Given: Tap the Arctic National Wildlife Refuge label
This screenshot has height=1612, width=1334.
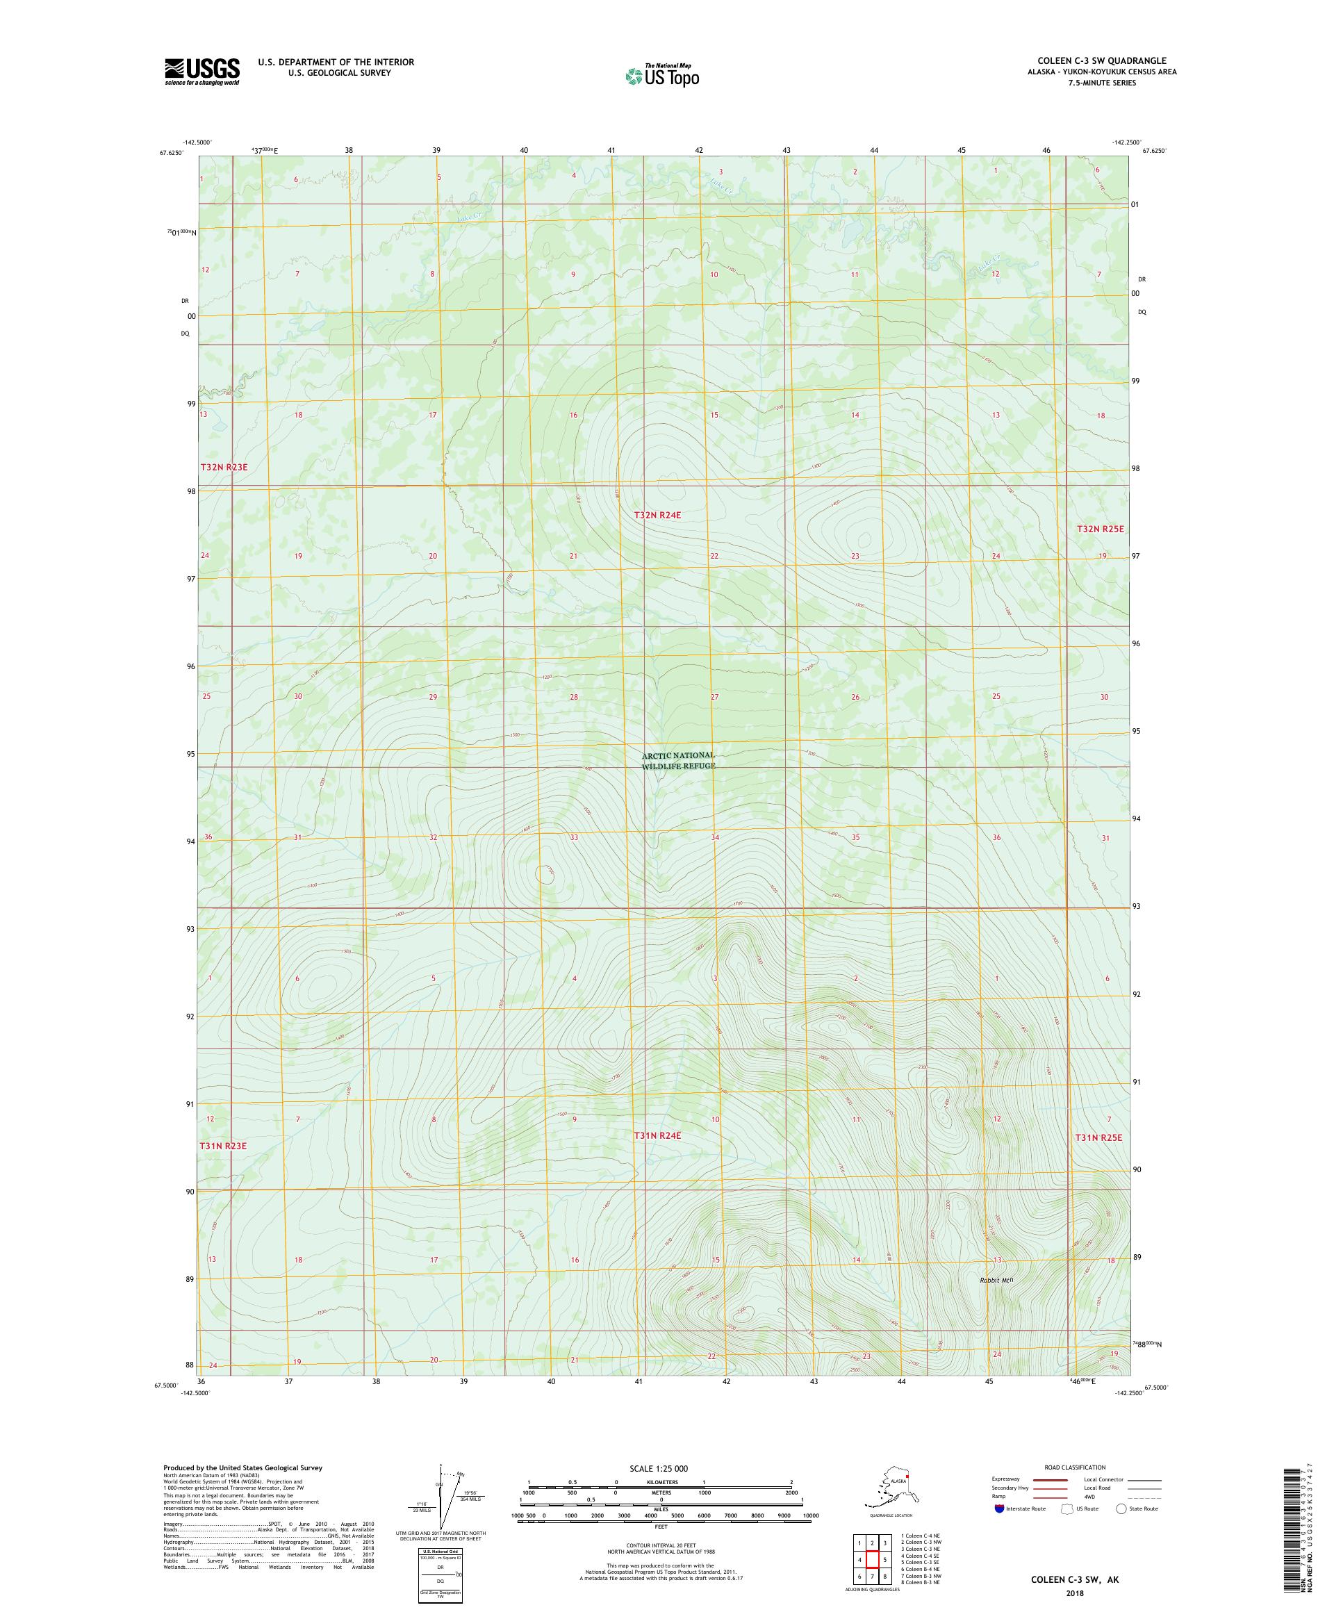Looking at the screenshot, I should point(679,760).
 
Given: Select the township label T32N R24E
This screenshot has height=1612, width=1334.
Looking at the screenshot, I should point(657,515).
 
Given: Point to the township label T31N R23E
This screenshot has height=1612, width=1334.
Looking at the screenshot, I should point(223,1145).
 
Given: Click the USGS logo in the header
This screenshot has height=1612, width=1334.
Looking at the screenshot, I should point(201,72).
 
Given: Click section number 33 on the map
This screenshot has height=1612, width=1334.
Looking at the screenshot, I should point(573,837).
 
